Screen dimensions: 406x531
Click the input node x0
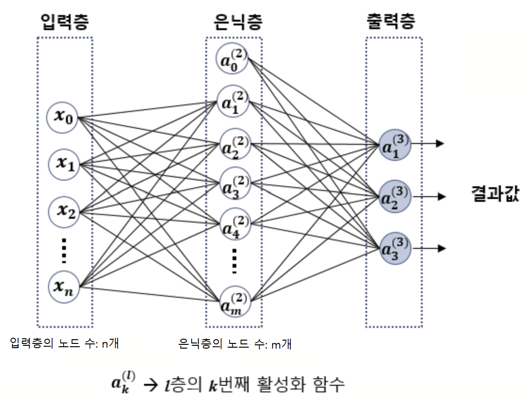(x=63, y=117)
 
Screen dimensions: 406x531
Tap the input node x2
(x=65, y=211)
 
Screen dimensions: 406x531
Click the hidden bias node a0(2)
(x=233, y=59)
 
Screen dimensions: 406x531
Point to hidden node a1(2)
(x=233, y=101)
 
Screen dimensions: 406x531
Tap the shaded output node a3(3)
(x=394, y=248)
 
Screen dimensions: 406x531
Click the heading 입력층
(x=65, y=22)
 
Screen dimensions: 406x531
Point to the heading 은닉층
(x=234, y=22)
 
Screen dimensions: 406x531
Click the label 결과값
(x=495, y=194)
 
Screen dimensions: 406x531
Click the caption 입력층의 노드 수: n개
(x=64, y=343)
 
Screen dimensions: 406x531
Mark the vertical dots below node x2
(x=64, y=251)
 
